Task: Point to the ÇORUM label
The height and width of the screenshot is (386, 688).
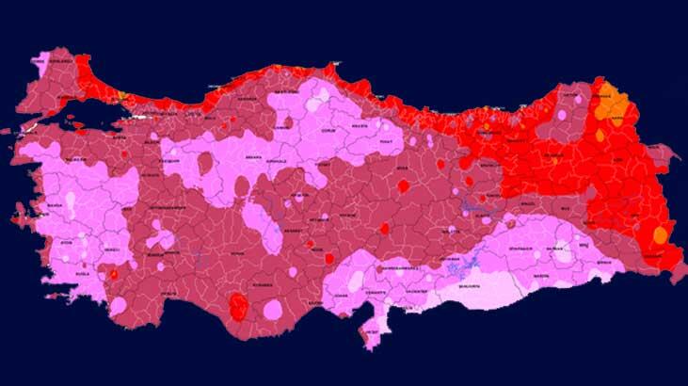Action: point(329,130)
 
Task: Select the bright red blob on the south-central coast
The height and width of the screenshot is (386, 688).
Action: point(240,307)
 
